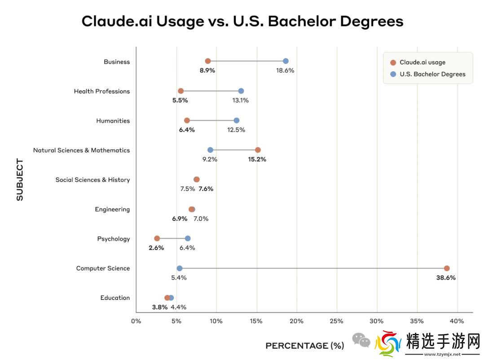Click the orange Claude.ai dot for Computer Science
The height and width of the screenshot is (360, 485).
click(446, 268)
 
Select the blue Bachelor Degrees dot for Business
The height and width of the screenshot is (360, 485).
click(286, 61)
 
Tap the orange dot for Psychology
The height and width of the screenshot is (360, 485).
click(157, 238)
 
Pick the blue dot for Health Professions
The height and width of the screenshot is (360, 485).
click(241, 91)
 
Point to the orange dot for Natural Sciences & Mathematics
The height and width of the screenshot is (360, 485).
click(258, 150)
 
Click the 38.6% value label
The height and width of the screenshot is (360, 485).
click(445, 278)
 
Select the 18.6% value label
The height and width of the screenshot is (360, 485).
click(285, 70)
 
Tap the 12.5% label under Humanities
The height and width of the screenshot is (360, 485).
click(236, 130)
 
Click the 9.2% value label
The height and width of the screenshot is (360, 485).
click(209, 159)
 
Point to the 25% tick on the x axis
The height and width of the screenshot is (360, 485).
click(336, 321)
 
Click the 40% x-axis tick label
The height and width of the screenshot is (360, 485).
click(457, 321)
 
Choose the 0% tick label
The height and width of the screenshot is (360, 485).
click(136, 321)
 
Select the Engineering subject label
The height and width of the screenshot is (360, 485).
click(112, 209)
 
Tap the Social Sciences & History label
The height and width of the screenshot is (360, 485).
click(93, 180)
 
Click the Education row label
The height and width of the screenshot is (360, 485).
click(115, 298)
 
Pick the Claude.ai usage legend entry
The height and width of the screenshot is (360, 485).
click(422, 62)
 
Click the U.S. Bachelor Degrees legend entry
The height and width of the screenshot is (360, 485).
click(432, 74)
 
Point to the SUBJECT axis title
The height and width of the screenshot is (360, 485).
click(20, 180)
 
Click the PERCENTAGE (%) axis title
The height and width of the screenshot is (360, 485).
click(304, 346)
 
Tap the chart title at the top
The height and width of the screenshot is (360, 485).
click(242, 21)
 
